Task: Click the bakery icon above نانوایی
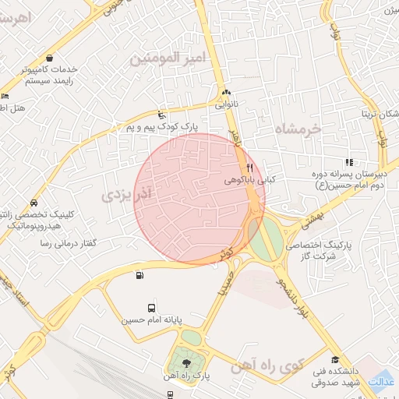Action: (226, 92)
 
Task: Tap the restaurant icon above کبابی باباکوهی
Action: (249, 168)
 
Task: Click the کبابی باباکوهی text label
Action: (245, 180)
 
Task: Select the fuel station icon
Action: (139, 274)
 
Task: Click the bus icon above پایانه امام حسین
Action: (150, 307)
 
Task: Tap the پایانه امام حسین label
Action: (150, 320)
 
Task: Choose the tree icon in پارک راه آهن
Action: (186, 362)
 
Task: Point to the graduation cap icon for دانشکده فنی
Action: (335, 360)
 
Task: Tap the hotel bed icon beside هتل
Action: (5, 95)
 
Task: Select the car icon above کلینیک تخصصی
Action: (32, 202)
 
